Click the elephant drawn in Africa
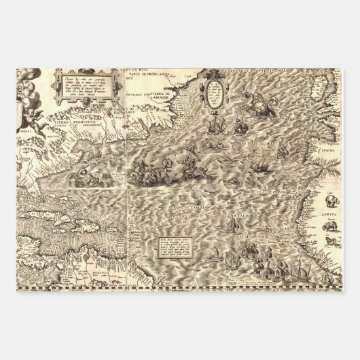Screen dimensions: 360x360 332,201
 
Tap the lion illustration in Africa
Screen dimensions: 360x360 331,241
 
